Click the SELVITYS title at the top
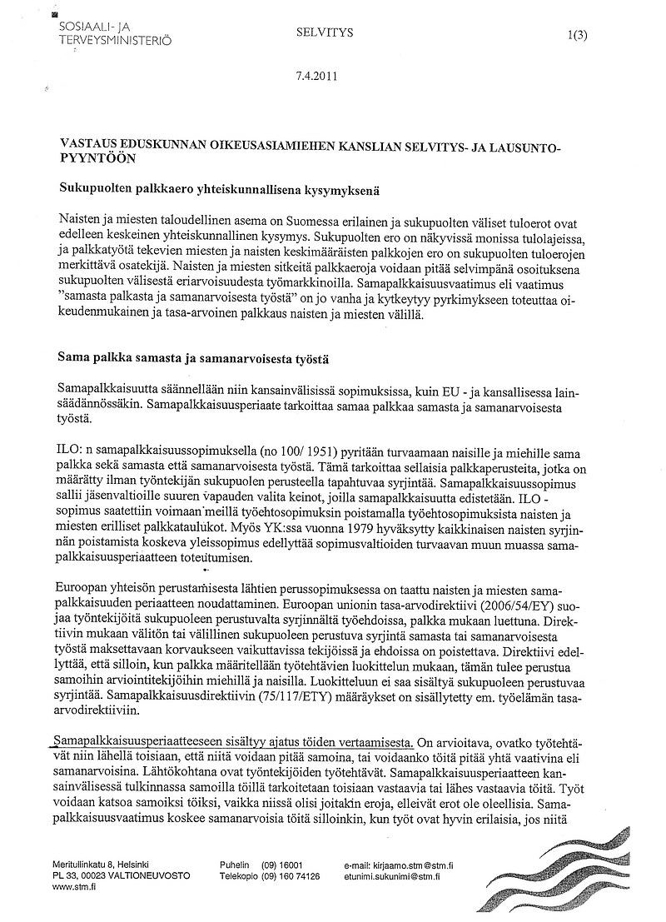tap(325, 32)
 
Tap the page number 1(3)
tap(575, 34)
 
